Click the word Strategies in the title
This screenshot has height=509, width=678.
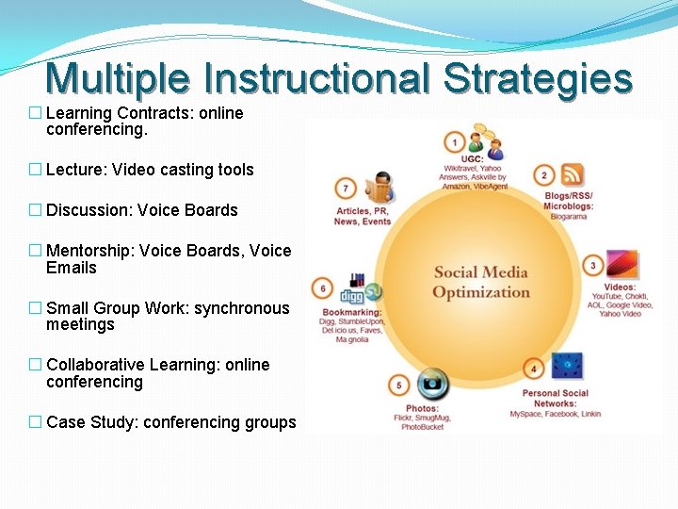click(538, 79)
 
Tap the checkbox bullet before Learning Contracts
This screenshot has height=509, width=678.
click(35, 113)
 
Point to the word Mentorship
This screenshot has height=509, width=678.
click(89, 251)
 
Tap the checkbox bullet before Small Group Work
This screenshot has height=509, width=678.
click(35, 308)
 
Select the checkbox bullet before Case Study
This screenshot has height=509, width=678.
click(35, 422)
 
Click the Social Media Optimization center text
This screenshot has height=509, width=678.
click(481, 282)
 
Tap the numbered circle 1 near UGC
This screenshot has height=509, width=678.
click(455, 143)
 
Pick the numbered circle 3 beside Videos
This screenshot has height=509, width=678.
click(593, 266)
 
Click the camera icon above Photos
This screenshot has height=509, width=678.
click(433, 384)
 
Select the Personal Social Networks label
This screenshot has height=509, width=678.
click(555, 398)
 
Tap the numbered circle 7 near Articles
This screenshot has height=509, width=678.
click(347, 188)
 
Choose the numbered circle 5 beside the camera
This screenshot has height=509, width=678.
click(399, 386)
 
